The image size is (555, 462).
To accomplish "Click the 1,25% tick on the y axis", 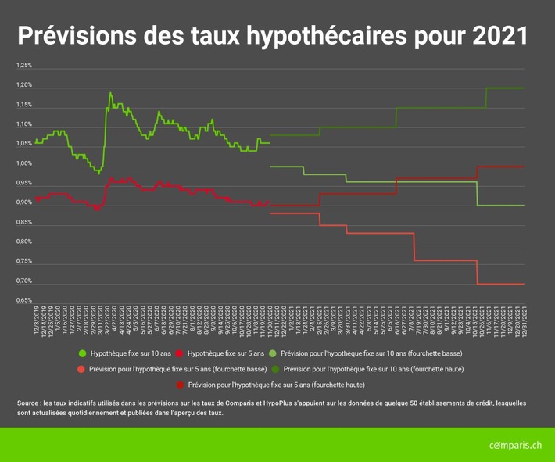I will pos(23,66).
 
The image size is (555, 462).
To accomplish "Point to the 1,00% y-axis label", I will pos(23,163).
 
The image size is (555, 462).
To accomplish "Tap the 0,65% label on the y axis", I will pos(23,300).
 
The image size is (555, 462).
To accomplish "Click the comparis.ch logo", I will pos(515,445).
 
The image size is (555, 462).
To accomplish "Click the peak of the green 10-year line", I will pos(110,93).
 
